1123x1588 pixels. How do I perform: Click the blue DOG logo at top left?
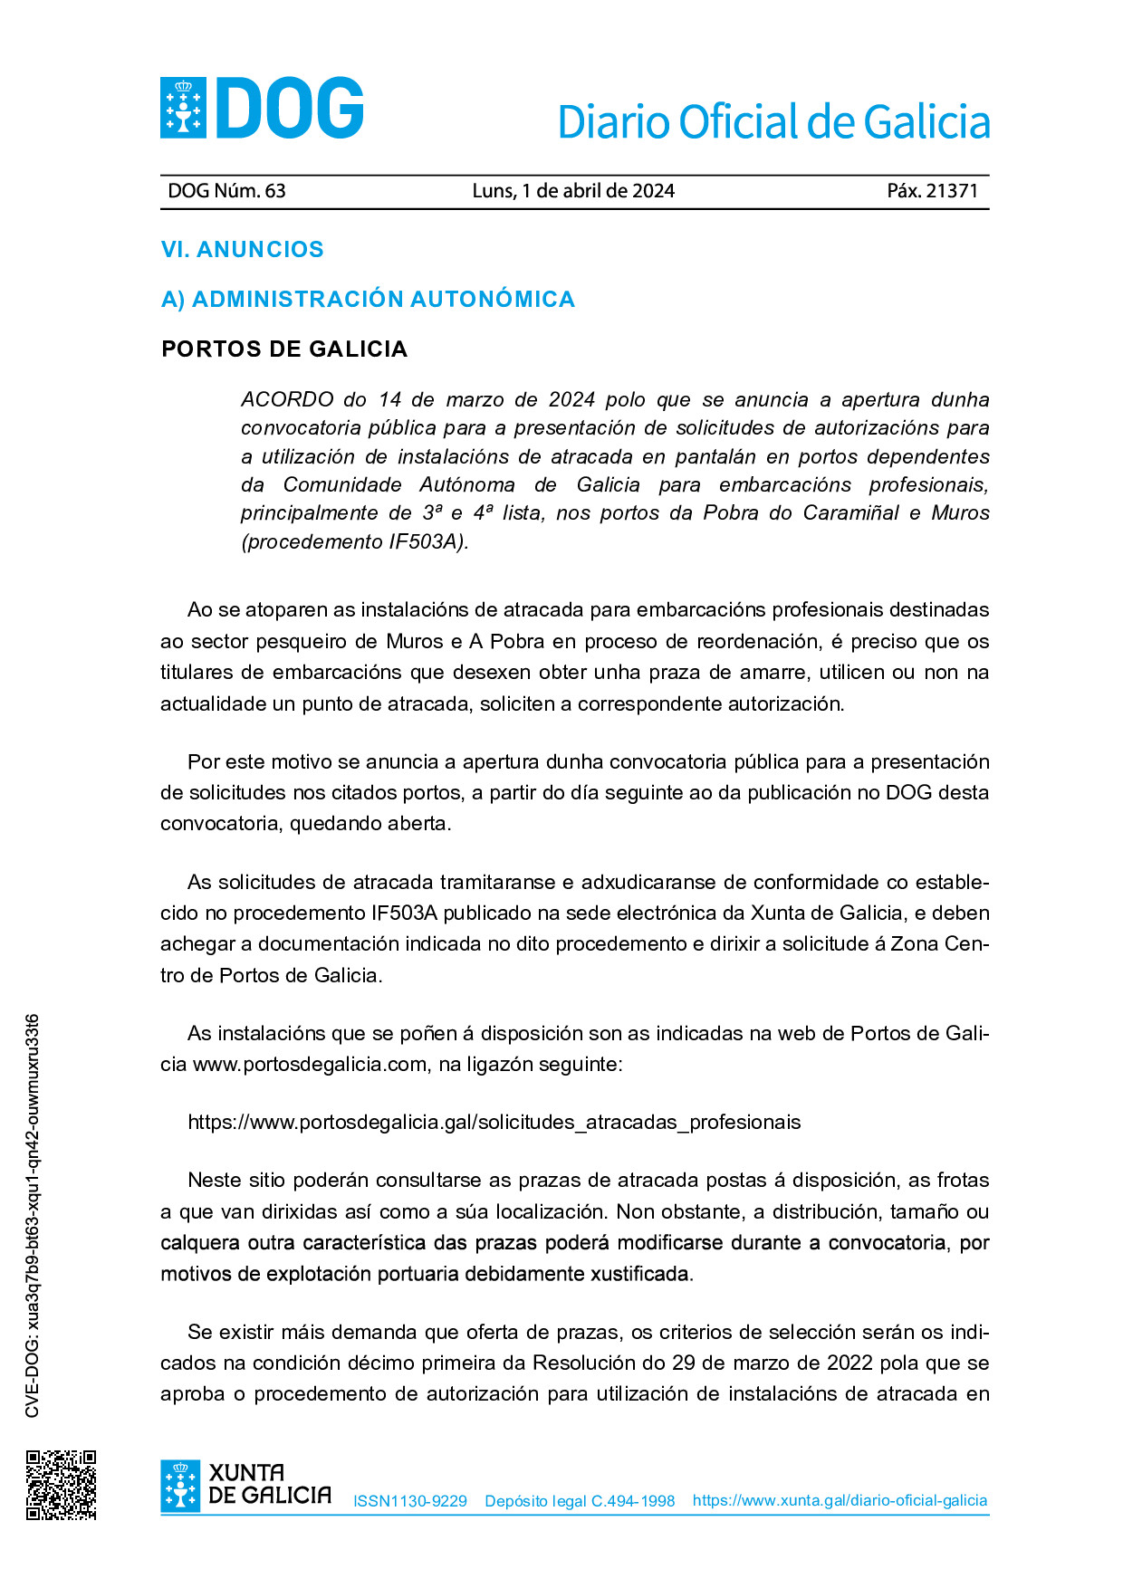click(262, 108)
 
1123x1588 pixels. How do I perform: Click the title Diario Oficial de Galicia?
click(773, 122)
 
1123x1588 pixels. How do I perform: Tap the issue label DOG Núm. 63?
click(226, 191)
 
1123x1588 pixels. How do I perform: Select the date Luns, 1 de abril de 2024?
click(573, 191)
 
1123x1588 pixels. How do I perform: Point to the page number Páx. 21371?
click(932, 191)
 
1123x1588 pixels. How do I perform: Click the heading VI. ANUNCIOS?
click(242, 250)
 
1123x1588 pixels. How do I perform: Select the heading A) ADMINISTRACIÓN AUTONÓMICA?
click(368, 300)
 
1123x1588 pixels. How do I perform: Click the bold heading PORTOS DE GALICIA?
click(284, 349)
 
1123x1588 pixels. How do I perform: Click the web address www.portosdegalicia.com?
click(310, 1065)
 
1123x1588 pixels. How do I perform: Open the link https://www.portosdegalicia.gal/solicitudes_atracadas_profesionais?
click(494, 1123)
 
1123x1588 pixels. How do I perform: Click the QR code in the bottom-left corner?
click(61, 1485)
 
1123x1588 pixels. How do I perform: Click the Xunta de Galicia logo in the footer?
click(245, 1486)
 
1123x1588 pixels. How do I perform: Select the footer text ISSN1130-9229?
click(409, 1501)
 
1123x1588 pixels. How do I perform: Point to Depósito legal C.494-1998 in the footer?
click(580, 1501)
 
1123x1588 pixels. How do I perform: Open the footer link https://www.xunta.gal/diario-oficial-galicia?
click(840, 1500)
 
